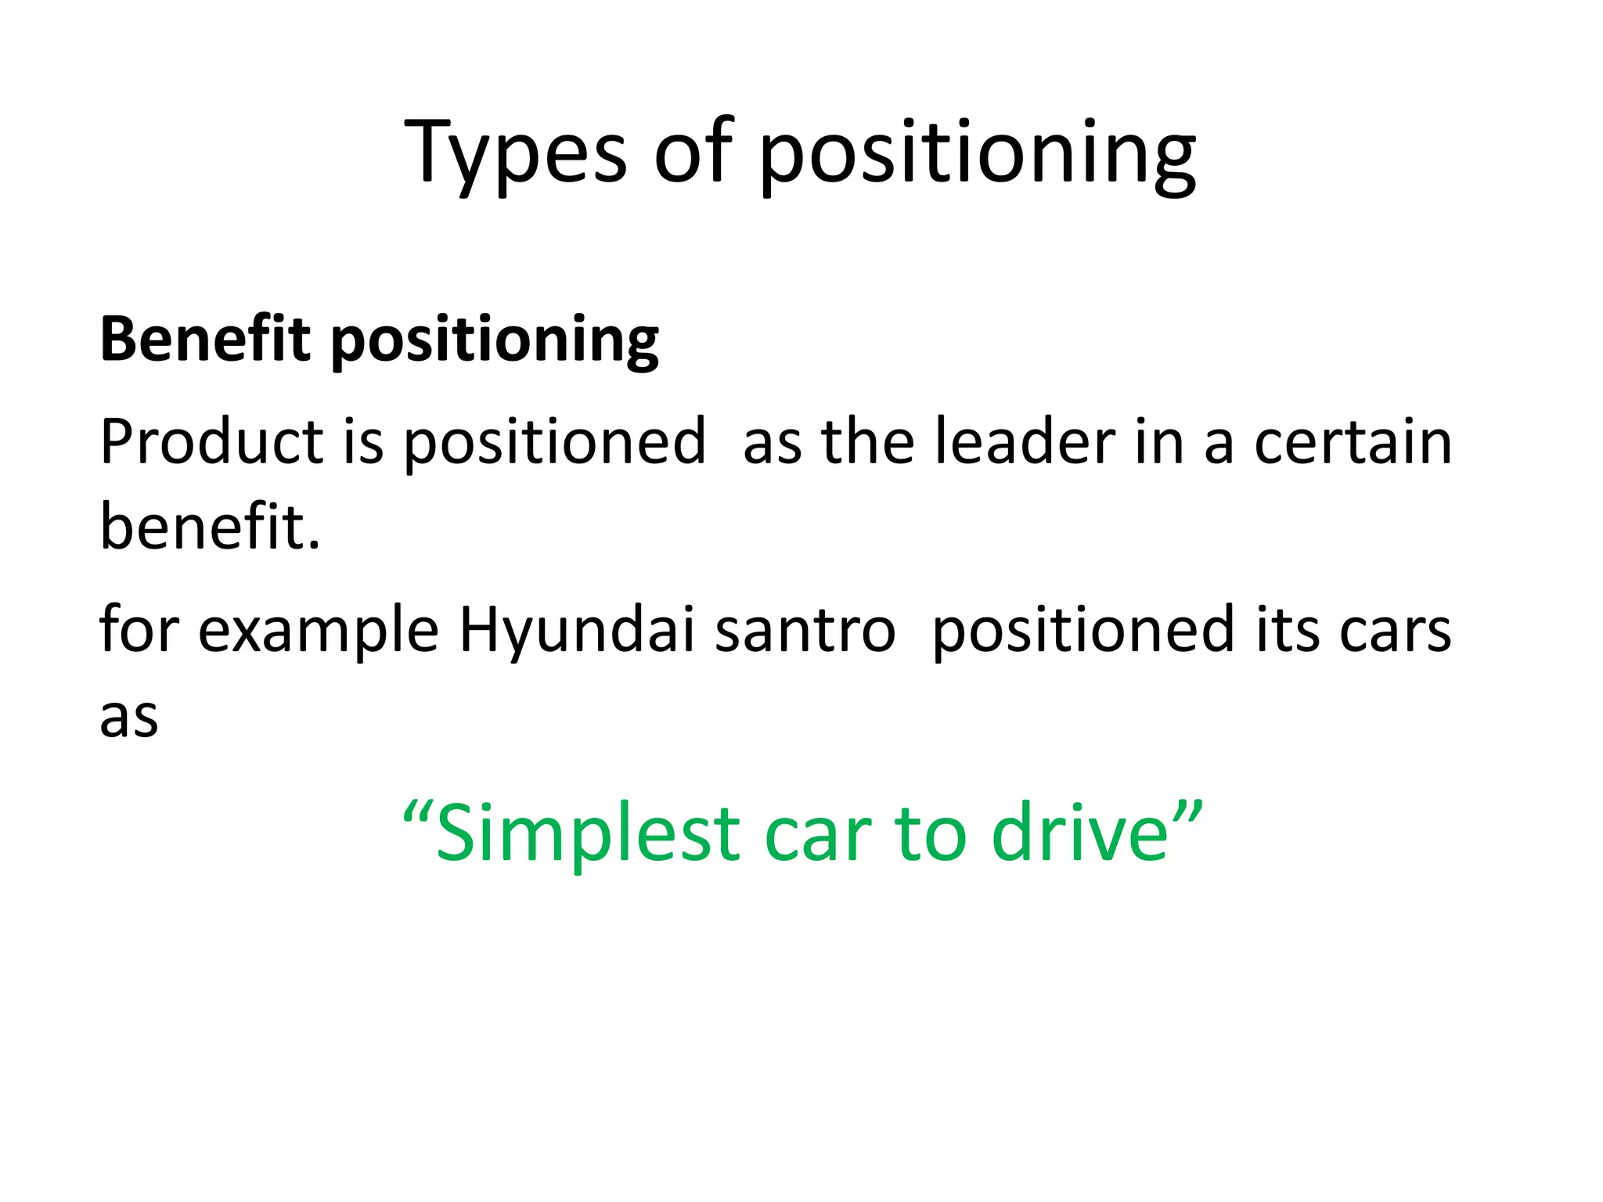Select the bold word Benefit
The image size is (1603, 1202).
click(205, 340)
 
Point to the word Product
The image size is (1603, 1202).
click(211, 442)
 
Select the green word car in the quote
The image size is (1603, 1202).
click(817, 834)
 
